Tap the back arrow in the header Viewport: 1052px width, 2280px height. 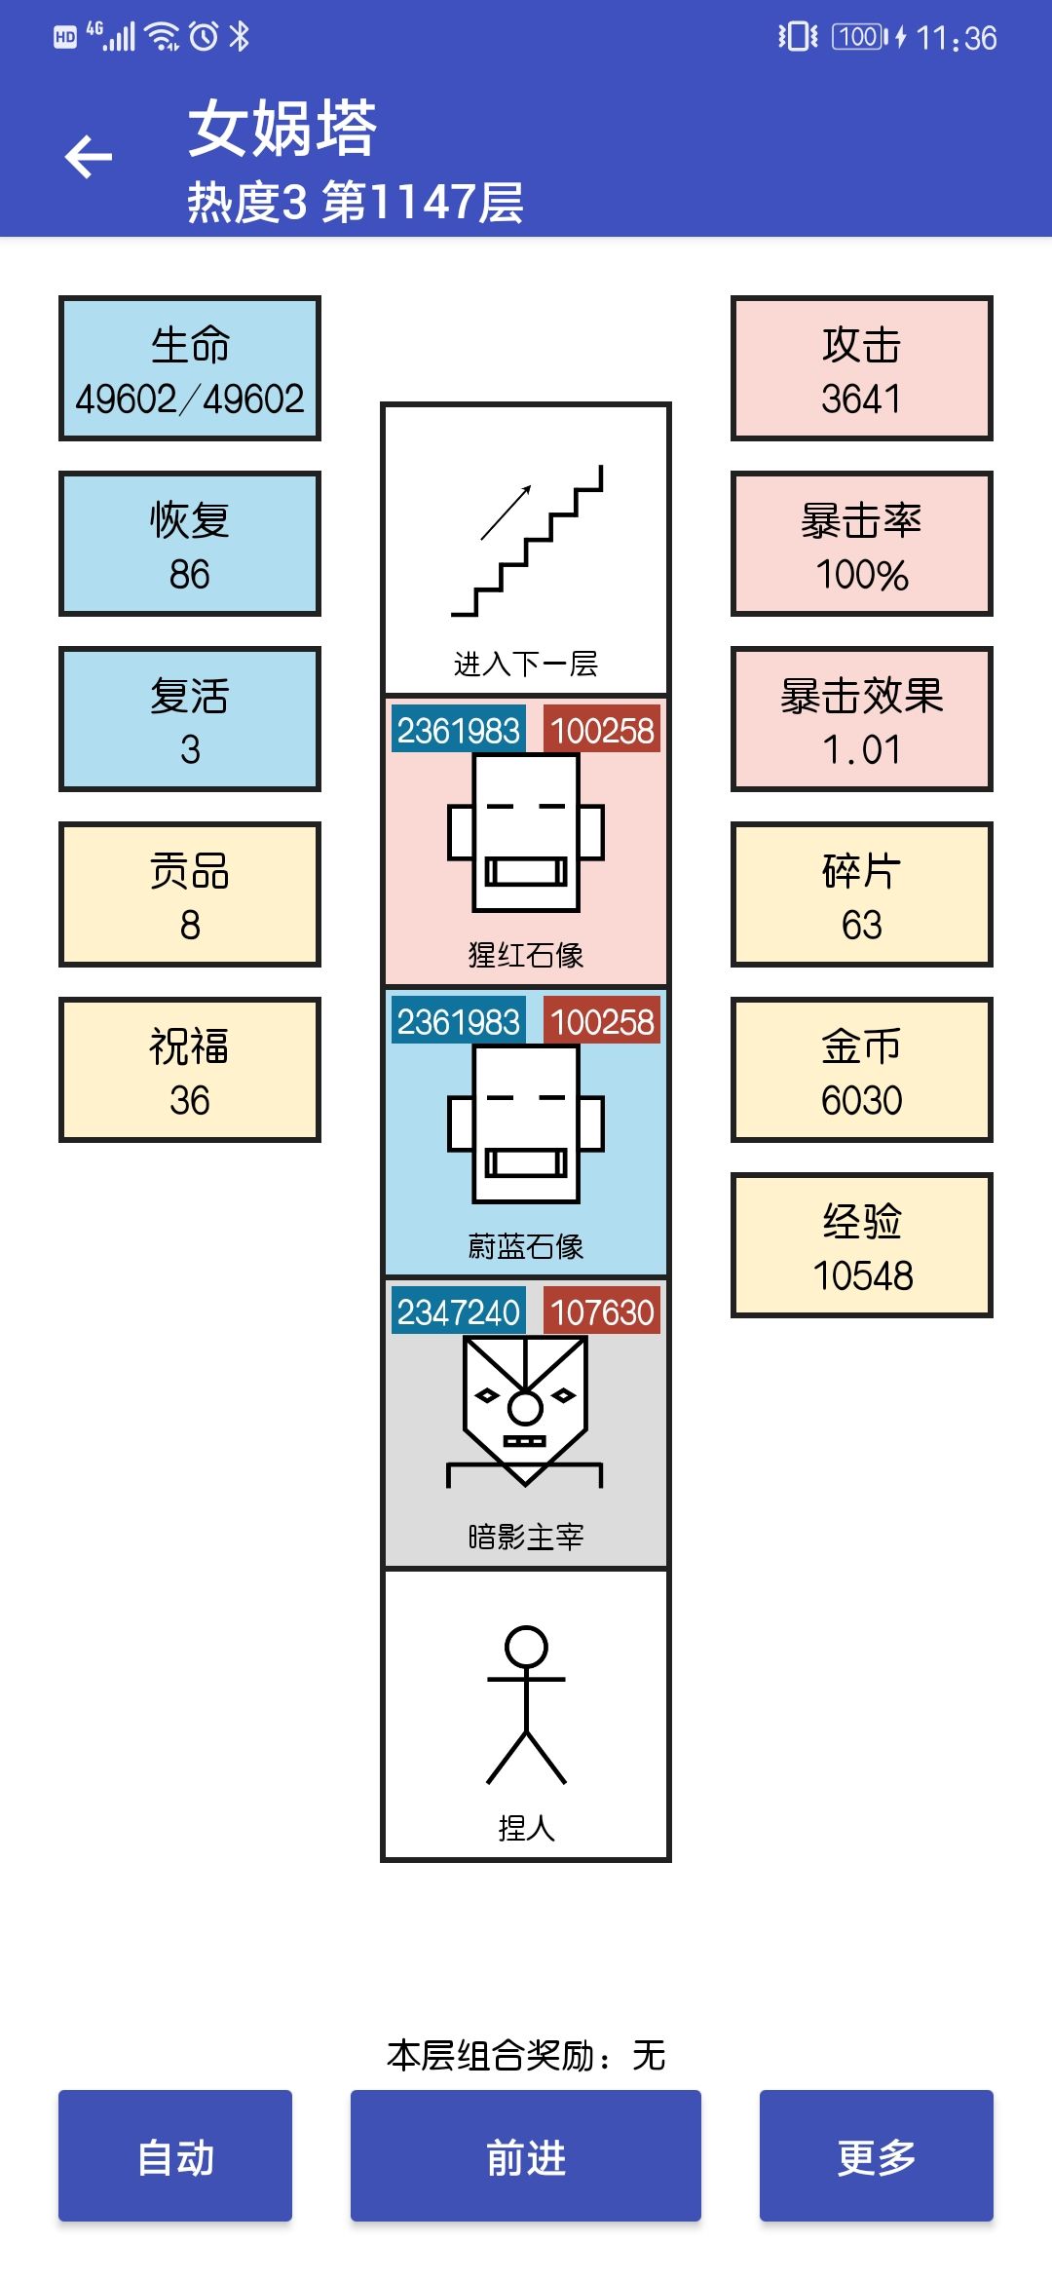pyautogui.click(x=89, y=157)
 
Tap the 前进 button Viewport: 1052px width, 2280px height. pyautogui.click(x=526, y=2155)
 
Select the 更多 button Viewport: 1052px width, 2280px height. pyautogui.click(x=877, y=2155)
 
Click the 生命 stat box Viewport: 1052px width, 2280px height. pyautogui.click(x=190, y=368)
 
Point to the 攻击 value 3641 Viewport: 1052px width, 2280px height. pyautogui.click(x=861, y=399)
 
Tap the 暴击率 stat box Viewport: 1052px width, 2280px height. pyautogui.click(x=862, y=544)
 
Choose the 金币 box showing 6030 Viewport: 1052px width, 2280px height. pyautogui.click(x=862, y=1070)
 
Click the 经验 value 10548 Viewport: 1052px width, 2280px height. pyautogui.click(x=863, y=1275)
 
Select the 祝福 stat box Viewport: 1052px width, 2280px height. pyautogui.click(x=190, y=1070)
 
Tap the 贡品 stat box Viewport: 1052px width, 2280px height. pyautogui.click(x=190, y=894)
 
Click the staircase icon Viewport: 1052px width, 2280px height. pyautogui.click(x=527, y=541)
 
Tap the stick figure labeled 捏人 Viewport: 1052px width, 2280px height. pyautogui.click(x=526, y=1705)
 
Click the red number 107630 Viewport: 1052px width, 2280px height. pyautogui.click(x=602, y=1311)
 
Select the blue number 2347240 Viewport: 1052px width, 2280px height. pyautogui.click(x=458, y=1311)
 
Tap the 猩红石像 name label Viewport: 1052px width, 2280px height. pyautogui.click(x=526, y=955)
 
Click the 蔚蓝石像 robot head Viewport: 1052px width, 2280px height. pyautogui.click(x=526, y=1124)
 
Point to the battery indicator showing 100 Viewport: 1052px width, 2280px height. pyautogui.click(x=861, y=37)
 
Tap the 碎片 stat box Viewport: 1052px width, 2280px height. pyautogui.click(x=862, y=894)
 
